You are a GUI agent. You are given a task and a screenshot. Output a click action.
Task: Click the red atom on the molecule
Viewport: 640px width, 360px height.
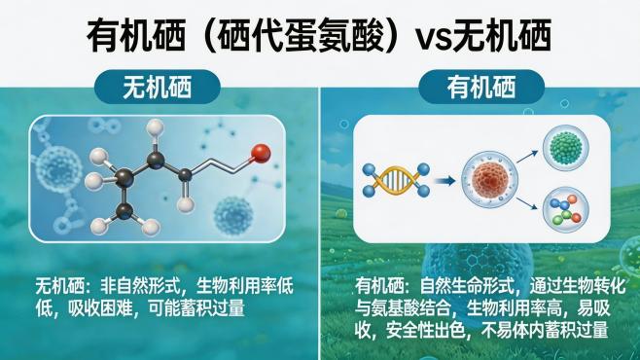click(260, 153)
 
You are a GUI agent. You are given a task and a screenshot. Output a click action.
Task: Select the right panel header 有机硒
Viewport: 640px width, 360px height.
click(480, 89)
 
